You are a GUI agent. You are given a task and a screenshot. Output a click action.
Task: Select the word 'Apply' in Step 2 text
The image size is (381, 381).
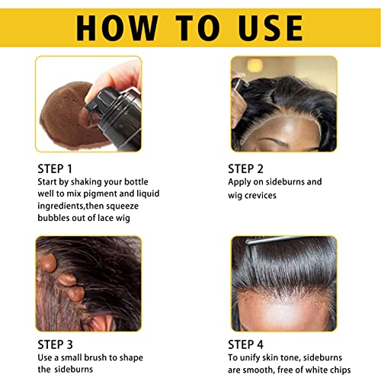[242, 182]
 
